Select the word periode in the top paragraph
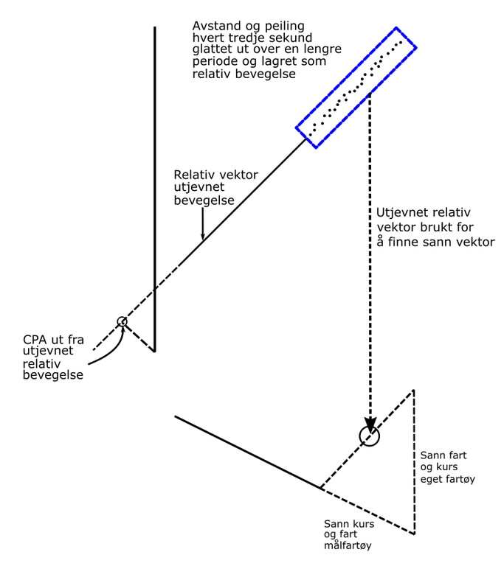point(214,63)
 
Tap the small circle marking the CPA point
point(122,321)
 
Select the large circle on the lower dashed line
point(370,436)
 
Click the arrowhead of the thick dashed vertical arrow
point(370,420)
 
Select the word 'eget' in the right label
point(432,479)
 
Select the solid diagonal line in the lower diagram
point(247,452)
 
